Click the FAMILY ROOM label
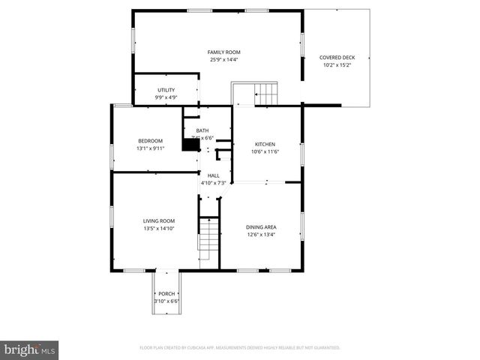[224, 52]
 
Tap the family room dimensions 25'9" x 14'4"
[224, 60]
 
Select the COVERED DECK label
[337, 57]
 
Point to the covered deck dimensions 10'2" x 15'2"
[337, 65]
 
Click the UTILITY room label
[166, 90]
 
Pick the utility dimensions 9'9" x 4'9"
[166, 97]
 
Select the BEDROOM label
[150, 141]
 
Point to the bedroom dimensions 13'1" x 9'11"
[150, 148]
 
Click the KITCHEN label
[265, 144]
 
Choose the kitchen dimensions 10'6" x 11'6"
[265, 152]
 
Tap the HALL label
[214, 175]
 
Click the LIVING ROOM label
[159, 220]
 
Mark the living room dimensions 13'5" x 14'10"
[159, 229]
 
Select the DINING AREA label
[262, 226]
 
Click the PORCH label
[166, 293]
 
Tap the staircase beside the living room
[208, 238]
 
